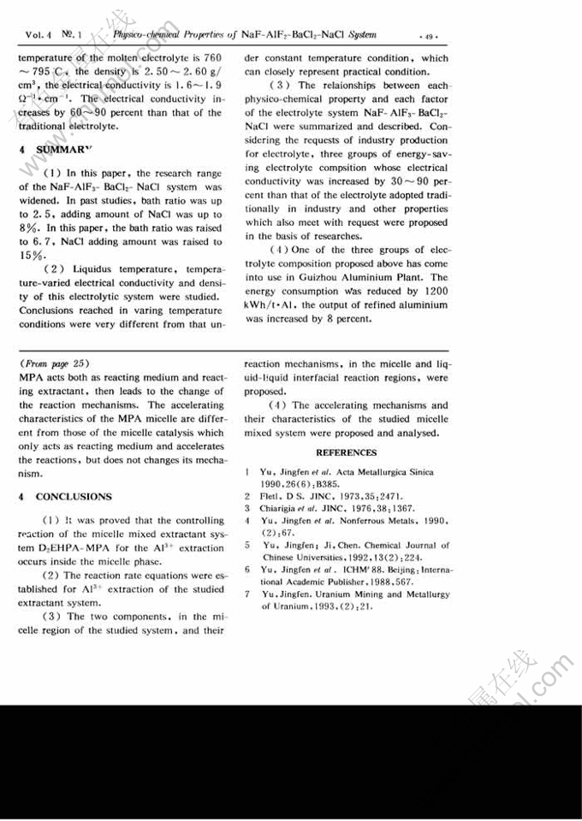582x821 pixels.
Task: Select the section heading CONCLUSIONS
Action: pyautogui.click(x=74, y=496)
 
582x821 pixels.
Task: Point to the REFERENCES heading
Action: pyautogui.click(x=346, y=452)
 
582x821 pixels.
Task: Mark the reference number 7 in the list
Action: pyautogui.click(x=246, y=593)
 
